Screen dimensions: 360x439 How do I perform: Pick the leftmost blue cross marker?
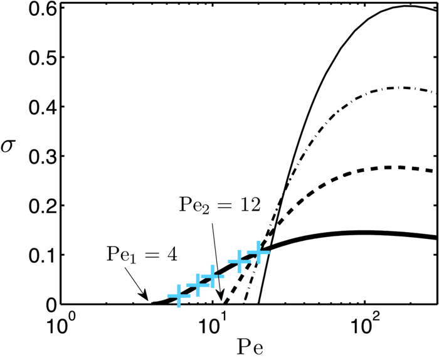tap(179, 295)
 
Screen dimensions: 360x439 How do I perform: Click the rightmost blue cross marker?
tap(258, 252)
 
